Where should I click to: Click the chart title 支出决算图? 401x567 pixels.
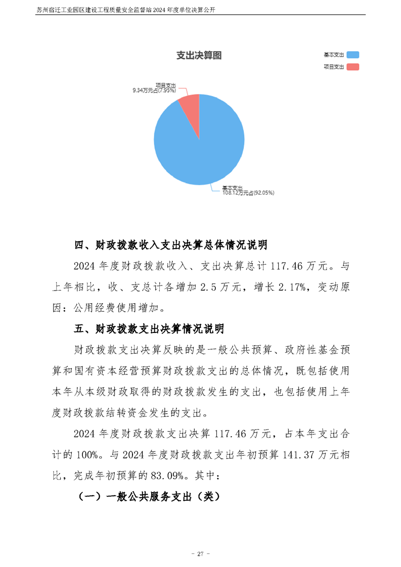[199, 56]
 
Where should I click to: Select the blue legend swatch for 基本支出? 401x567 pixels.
[353, 55]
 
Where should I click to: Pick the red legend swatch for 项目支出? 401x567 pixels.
[353, 67]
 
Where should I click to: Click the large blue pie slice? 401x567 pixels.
[200, 147]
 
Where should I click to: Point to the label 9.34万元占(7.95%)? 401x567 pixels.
[154, 90]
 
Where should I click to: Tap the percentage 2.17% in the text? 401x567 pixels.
[285, 288]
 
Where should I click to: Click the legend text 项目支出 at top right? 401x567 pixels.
[334, 67]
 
